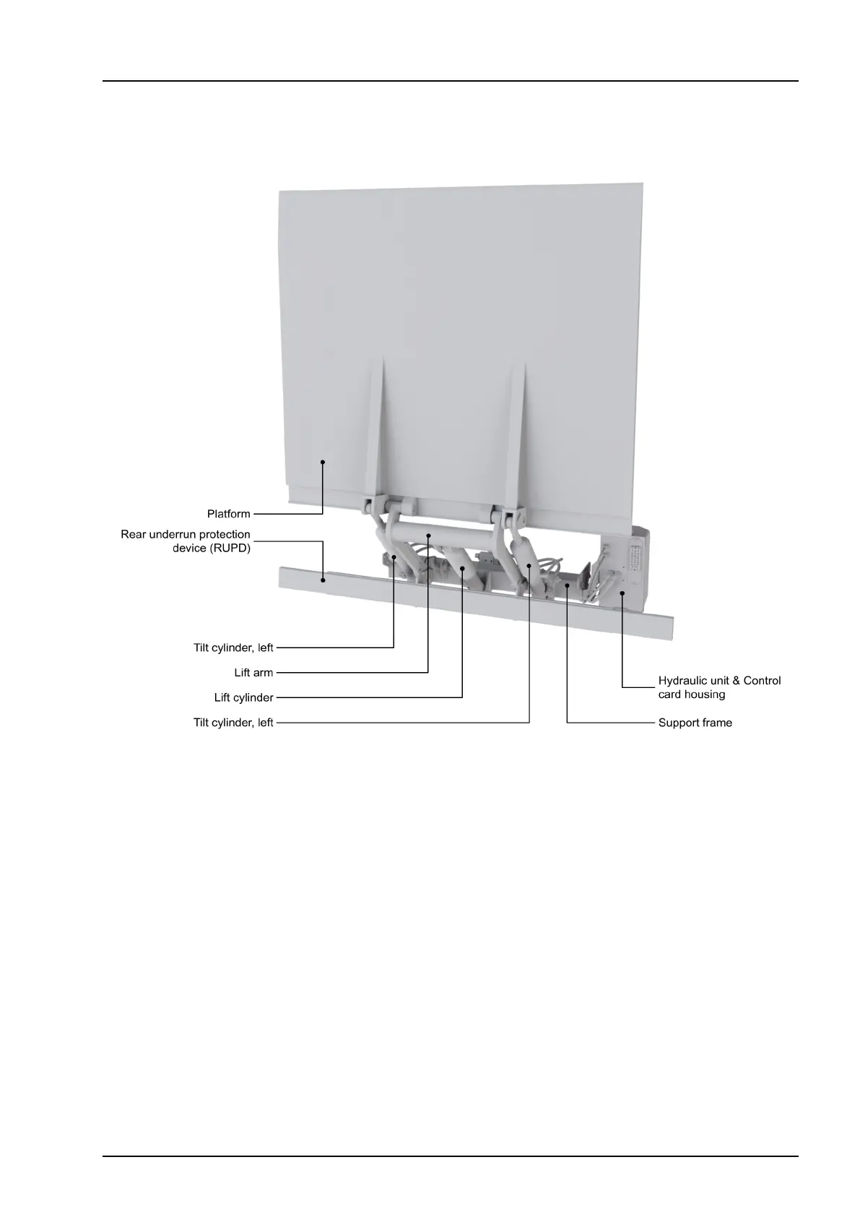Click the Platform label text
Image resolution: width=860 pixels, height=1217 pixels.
point(228,514)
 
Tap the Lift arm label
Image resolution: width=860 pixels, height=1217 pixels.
point(253,673)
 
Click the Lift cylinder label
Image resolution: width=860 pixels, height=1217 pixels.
point(243,698)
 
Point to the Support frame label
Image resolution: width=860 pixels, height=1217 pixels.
point(695,723)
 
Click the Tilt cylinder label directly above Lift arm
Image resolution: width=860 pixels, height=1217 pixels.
point(233,648)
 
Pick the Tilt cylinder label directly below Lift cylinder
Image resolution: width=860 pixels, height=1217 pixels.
point(233,723)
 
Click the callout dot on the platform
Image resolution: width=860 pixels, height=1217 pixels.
point(323,461)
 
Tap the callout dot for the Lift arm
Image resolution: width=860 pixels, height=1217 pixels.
point(428,536)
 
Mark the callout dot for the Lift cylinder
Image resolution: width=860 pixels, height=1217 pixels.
point(462,569)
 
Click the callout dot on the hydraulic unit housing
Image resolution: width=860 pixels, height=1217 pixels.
point(622,593)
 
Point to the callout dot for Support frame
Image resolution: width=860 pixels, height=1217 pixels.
point(568,586)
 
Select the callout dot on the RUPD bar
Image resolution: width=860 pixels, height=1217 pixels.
point(323,578)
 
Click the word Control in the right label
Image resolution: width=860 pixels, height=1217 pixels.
point(762,681)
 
